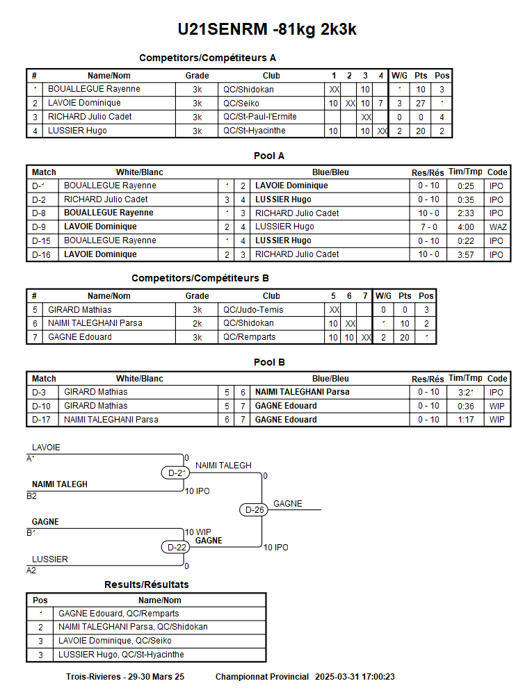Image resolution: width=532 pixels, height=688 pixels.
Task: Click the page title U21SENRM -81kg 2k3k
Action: pos(267,29)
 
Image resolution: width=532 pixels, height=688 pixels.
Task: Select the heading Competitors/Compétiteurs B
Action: pos(200,278)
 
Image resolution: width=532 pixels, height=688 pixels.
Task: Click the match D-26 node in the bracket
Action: pos(256,510)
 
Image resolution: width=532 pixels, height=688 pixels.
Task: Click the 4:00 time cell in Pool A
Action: pos(465,227)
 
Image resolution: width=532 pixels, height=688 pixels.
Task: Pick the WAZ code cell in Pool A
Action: pos(497,227)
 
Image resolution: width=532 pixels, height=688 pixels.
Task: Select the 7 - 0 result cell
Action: pos(428,227)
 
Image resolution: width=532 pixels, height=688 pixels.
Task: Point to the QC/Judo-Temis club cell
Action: pos(253,310)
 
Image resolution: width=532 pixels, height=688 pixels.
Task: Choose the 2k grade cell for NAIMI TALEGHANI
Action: pos(197,323)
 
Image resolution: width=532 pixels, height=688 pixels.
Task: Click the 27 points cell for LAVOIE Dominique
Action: pos(421,104)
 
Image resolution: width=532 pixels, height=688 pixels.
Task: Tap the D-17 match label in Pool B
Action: pos(40,420)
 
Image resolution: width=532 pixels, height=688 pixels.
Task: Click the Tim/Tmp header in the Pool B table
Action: pos(465,379)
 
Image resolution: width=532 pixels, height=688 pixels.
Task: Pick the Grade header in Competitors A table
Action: pos(197,76)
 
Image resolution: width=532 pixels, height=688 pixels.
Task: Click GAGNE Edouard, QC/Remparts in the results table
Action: pos(118,614)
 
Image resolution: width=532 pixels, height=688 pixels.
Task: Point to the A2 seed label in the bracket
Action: pos(31,571)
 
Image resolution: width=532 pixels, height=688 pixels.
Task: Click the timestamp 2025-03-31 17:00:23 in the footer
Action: pos(355,677)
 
